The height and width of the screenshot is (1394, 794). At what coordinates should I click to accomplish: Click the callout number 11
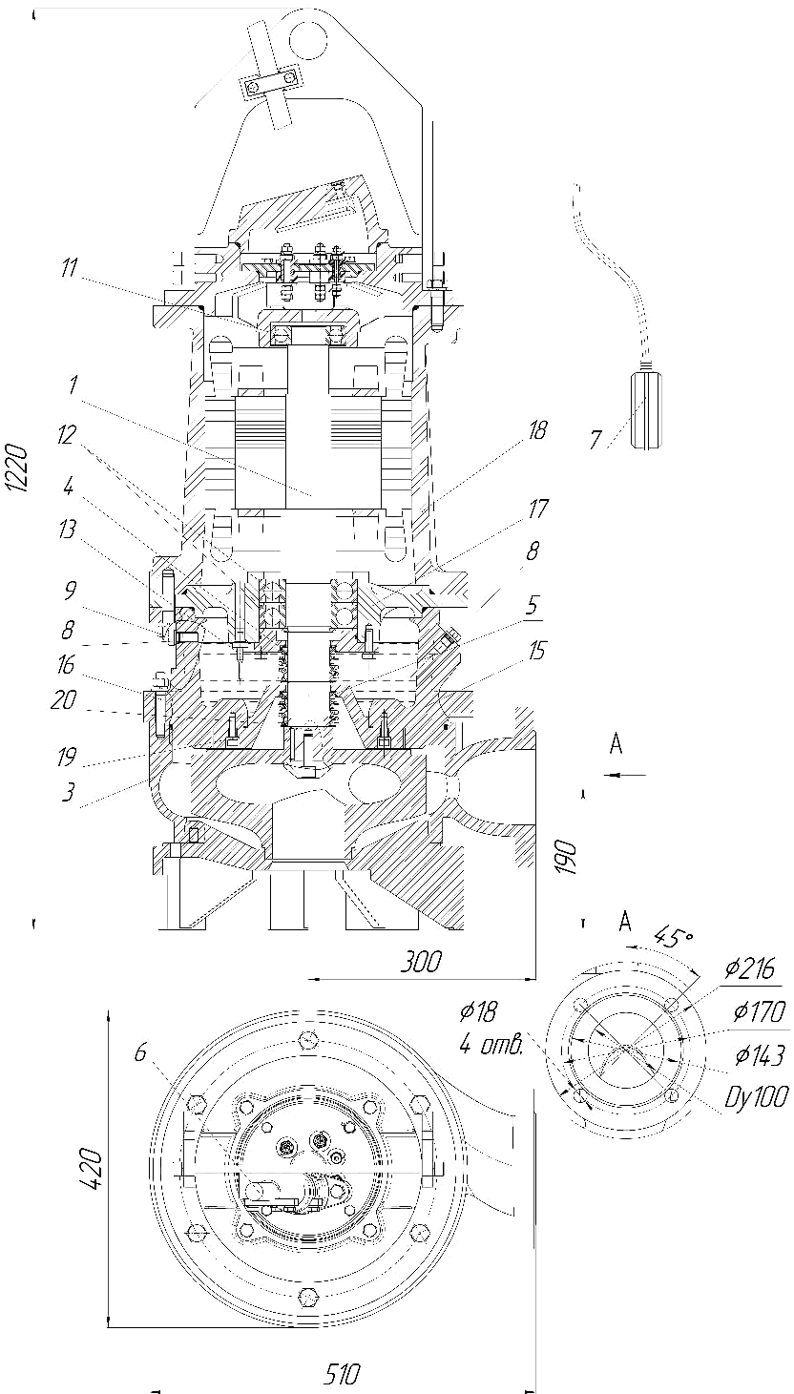(69, 268)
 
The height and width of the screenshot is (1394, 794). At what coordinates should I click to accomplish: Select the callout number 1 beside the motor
(73, 384)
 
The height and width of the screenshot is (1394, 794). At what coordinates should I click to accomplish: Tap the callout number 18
(536, 430)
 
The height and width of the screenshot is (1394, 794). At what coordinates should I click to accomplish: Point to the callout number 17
(538, 510)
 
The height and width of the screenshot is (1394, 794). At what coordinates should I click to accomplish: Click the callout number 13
(67, 530)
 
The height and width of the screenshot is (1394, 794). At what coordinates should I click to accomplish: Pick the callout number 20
(64, 700)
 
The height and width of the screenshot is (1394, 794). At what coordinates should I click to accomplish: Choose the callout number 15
(536, 651)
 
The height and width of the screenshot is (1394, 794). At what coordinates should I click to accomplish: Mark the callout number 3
(68, 792)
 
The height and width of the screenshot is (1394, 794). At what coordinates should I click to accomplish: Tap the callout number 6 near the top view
(140, 1052)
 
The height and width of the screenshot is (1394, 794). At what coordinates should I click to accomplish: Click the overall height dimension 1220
(18, 468)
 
